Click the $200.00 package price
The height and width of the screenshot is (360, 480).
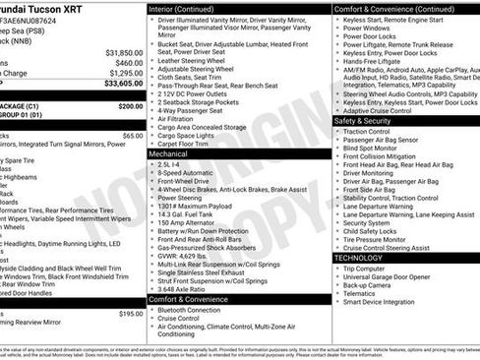pos(130,105)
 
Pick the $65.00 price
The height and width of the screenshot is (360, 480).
pos(132,136)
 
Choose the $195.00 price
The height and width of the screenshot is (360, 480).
pos(130,314)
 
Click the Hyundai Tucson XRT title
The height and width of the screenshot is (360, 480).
pos(48,8)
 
